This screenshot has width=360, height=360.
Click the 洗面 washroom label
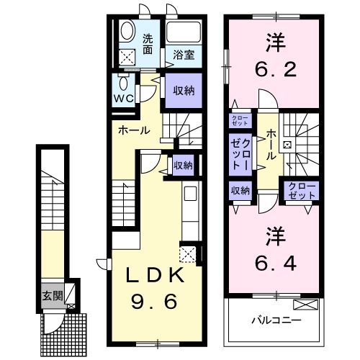click(x=148, y=45)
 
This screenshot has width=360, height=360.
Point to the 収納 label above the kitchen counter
click(x=183, y=166)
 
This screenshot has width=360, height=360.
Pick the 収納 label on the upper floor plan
click(x=240, y=191)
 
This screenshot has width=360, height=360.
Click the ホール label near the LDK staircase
click(x=134, y=130)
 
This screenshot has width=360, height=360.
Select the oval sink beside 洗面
click(x=128, y=32)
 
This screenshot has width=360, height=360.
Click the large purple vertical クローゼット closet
click(x=240, y=153)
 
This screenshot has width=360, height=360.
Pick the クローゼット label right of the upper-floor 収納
click(x=301, y=190)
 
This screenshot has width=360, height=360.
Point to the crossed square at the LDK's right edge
click(x=188, y=253)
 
